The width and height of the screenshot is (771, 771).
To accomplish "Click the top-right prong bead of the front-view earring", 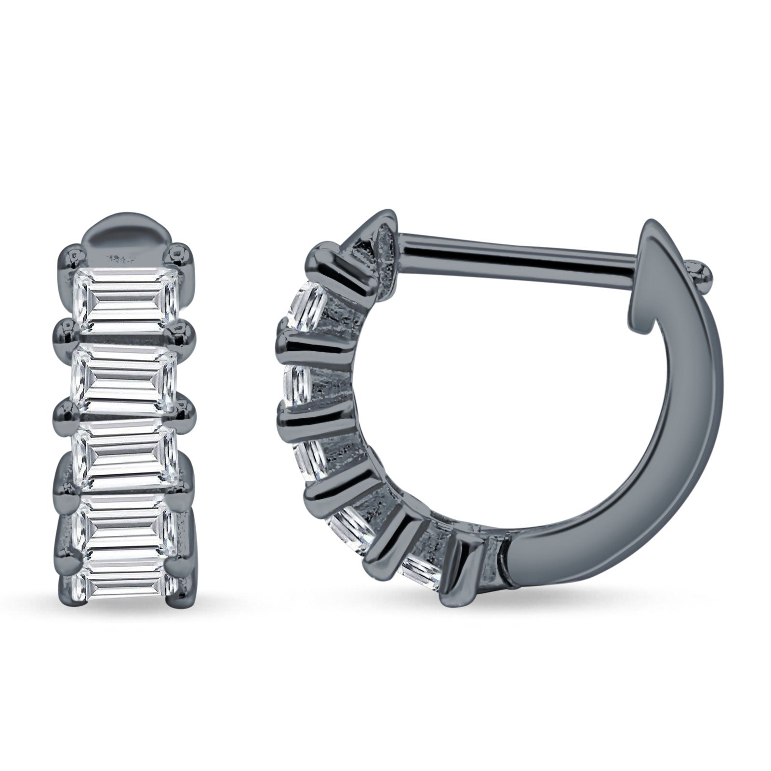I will (x=181, y=253).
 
